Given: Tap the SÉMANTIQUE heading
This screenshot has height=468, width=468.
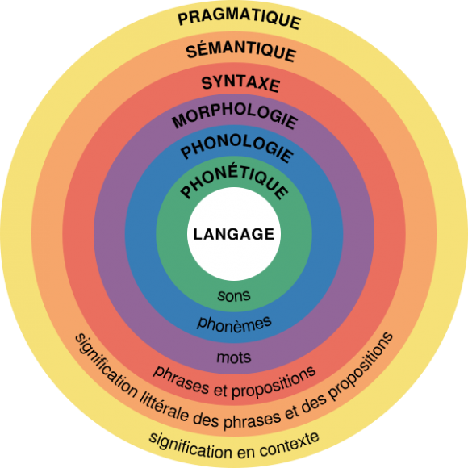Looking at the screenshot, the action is (241, 51).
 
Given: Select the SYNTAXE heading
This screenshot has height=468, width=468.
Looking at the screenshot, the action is (240, 83).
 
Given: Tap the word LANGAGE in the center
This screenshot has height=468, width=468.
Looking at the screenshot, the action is (234, 234).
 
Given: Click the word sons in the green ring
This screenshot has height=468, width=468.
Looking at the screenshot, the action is (234, 295).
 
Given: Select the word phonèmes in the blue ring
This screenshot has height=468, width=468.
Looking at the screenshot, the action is (234, 324).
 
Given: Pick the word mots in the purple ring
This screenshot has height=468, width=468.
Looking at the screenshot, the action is (234, 357).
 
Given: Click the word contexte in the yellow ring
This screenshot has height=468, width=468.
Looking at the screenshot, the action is (290, 445).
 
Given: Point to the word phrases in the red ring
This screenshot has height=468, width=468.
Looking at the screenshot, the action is (181, 380).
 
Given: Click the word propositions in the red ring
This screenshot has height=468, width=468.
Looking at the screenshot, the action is (274, 383).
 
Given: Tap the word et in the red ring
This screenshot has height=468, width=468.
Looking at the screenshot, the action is (220, 390).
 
